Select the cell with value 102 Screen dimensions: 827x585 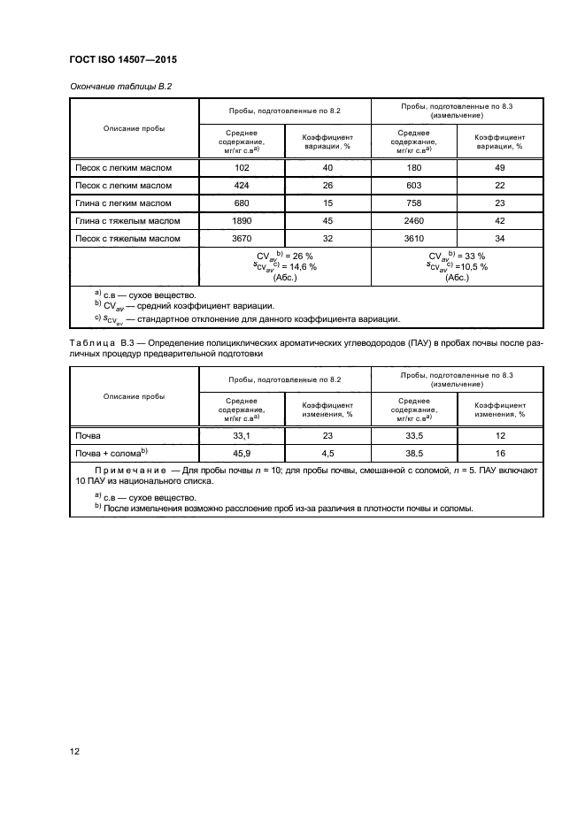(x=242, y=168)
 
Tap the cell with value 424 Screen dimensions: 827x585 (x=242, y=186)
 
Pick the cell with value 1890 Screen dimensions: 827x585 (x=242, y=221)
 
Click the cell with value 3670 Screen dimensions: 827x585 (x=242, y=239)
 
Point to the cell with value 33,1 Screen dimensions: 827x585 (x=242, y=436)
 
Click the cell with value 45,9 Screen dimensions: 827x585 (x=242, y=453)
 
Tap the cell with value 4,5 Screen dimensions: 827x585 (x=327, y=453)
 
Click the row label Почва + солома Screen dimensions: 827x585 (x=111, y=453)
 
